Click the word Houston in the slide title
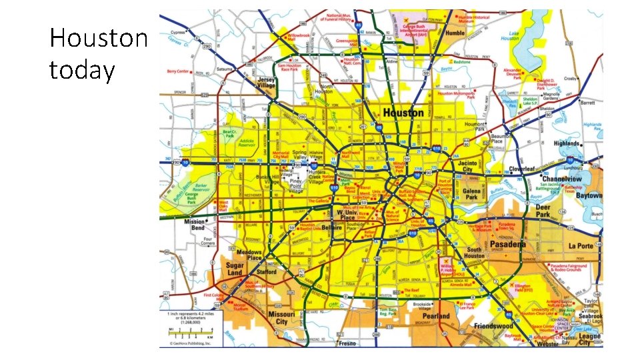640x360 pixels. [x=99, y=39]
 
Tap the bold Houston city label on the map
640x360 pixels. [x=402, y=113]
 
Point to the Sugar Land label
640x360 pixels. [x=234, y=269]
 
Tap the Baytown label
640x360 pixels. [x=589, y=196]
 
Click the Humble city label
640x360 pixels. [x=455, y=33]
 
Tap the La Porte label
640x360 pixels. [x=581, y=245]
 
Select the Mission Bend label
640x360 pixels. [x=195, y=225]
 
